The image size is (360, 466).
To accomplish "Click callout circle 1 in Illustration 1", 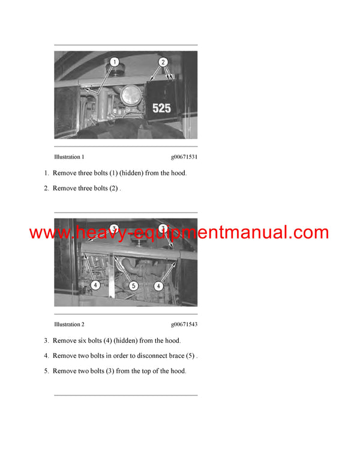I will [115, 61].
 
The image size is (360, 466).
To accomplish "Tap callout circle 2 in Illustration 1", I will [163, 61].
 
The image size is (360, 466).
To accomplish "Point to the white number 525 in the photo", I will [161, 109].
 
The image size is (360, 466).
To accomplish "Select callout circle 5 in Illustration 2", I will [134, 287].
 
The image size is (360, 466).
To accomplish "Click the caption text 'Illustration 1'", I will [69, 157].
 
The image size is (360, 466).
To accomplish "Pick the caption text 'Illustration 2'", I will [69, 324].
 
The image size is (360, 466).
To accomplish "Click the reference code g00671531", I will [184, 157].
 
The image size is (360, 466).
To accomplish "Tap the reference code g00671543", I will [184, 324].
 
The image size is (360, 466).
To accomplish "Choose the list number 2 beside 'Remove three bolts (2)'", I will [46, 189].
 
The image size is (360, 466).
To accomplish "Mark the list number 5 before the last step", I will [46, 371].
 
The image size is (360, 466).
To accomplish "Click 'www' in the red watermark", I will [49, 233].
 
